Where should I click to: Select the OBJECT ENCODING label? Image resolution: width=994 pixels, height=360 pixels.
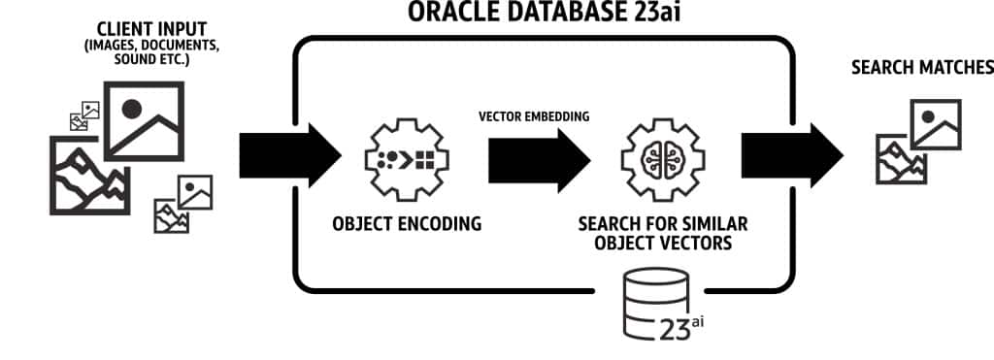click(406, 224)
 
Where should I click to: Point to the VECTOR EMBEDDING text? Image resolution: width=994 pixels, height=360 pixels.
click(534, 116)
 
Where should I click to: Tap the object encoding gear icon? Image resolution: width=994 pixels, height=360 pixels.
click(407, 158)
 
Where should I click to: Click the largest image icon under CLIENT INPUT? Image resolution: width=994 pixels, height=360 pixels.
click(144, 121)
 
